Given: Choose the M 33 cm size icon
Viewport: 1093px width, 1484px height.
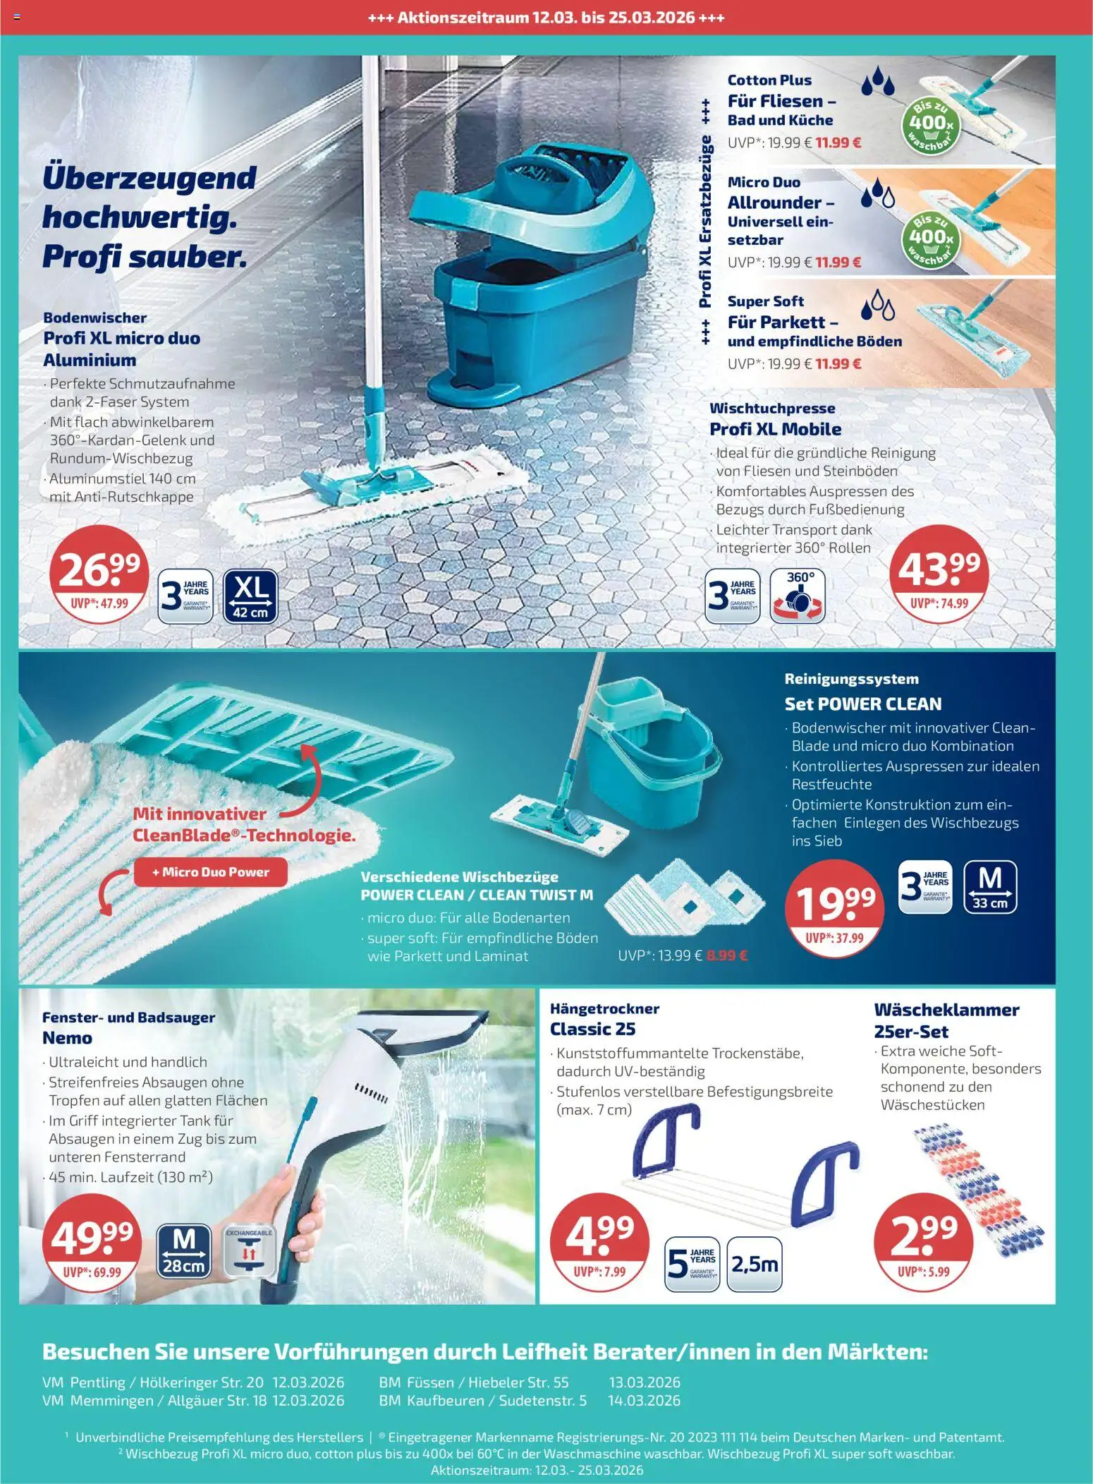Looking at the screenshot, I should tap(991, 887).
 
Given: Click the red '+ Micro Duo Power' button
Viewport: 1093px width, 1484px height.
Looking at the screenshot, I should tap(211, 872).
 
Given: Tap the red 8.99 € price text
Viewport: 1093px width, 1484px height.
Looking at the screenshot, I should tap(726, 956).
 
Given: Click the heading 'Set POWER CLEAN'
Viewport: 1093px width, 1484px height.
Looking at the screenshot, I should tap(863, 704).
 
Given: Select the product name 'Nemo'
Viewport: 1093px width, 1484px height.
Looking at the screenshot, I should tap(68, 1038).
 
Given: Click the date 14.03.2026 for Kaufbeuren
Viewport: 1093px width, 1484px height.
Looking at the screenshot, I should tap(644, 1401).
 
